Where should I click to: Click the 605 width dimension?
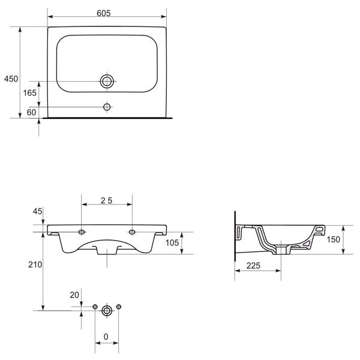[104, 13]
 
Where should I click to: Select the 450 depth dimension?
[11, 79]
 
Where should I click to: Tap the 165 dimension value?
[29, 93]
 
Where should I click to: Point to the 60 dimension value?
[31, 112]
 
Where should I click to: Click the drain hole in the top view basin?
[107, 81]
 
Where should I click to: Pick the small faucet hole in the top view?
[107, 107]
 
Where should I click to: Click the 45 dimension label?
[37, 211]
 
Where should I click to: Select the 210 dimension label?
[35, 265]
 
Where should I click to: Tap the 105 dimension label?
[172, 242]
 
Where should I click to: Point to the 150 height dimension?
[333, 239]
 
